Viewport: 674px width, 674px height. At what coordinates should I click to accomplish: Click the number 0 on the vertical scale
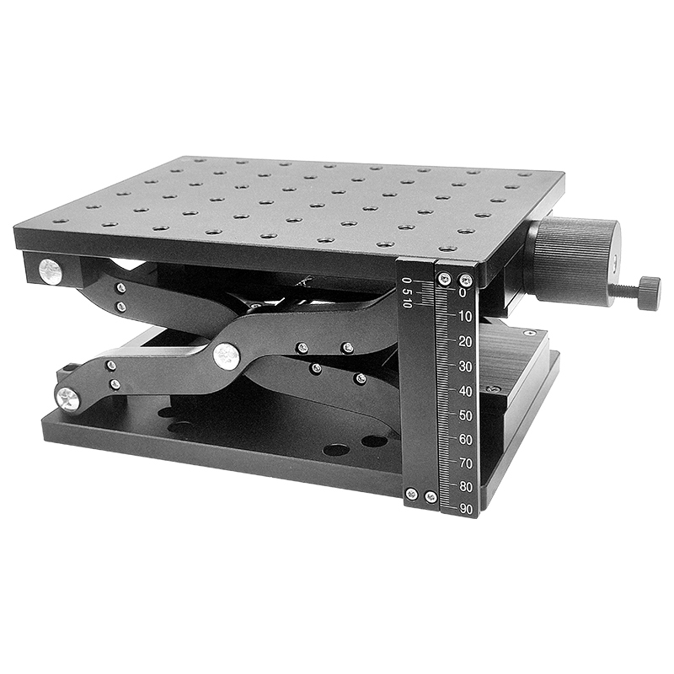click(x=463, y=293)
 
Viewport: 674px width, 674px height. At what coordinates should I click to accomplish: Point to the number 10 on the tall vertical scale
click(x=466, y=318)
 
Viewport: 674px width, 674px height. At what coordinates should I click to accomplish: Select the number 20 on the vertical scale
click(x=466, y=342)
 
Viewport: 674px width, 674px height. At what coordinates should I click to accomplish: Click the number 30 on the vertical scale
click(x=466, y=366)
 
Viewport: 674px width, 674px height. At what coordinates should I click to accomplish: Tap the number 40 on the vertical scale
click(x=466, y=391)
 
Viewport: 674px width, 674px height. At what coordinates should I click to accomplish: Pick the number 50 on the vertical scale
click(x=466, y=415)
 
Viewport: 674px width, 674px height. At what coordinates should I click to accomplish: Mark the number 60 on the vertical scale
click(x=466, y=440)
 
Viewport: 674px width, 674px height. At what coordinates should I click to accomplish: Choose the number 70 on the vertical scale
click(x=466, y=463)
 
